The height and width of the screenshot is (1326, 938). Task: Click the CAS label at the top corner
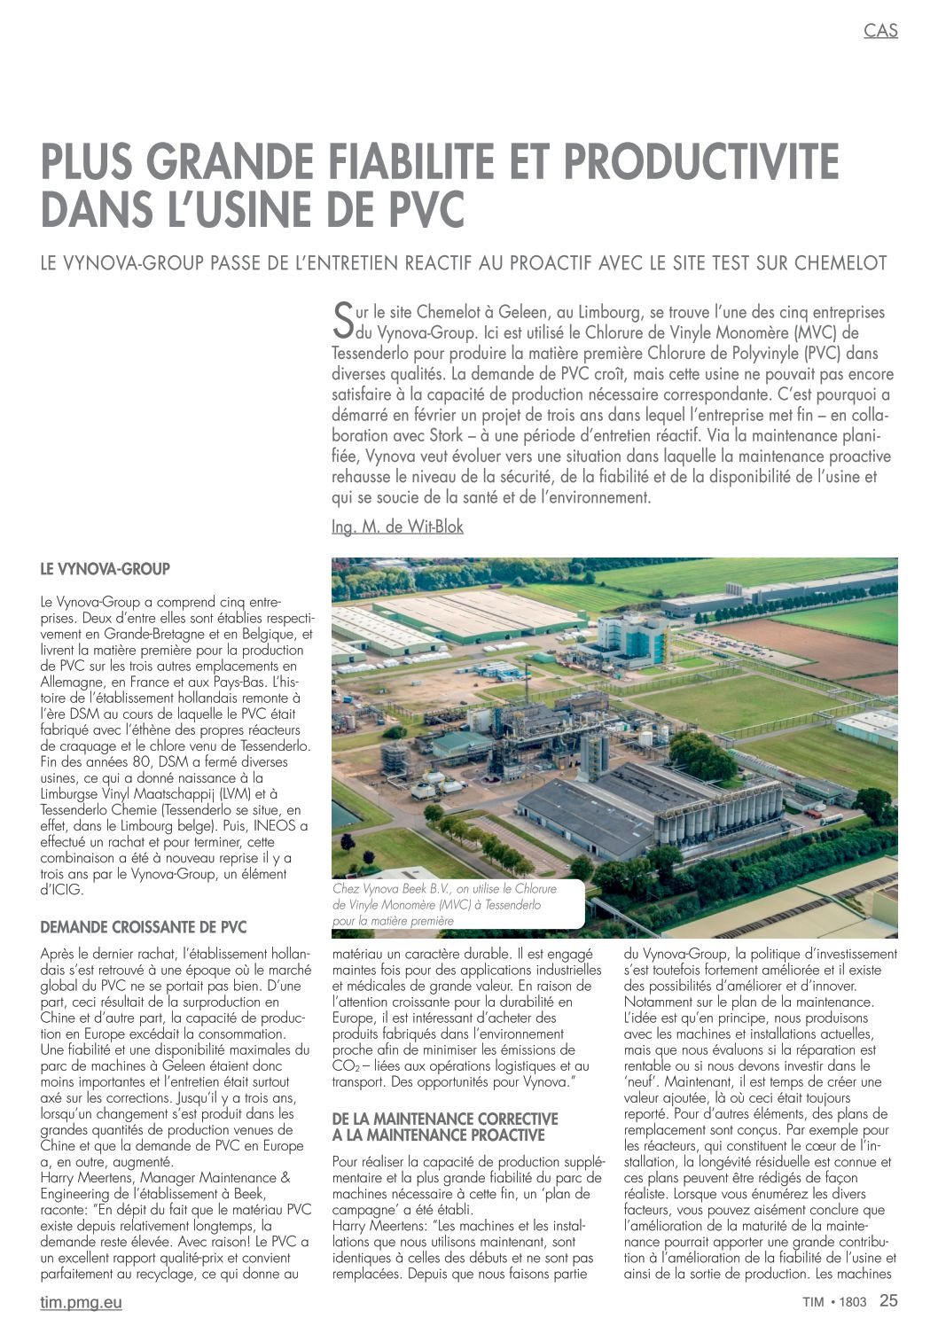click(x=880, y=30)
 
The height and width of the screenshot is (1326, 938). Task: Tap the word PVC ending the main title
click(x=426, y=209)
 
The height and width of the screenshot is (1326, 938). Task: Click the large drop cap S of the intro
click(x=342, y=321)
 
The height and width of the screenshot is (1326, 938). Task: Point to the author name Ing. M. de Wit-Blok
click(x=397, y=526)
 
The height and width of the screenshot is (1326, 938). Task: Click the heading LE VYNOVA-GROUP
click(x=105, y=569)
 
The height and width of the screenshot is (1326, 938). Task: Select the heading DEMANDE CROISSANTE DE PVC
click(x=144, y=927)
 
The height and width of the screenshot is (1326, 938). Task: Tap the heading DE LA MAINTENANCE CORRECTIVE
click(x=445, y=1119)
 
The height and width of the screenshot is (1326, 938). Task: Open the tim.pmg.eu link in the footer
click(x=82, y=1302)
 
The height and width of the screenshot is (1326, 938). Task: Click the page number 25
click(x=888, y=1301)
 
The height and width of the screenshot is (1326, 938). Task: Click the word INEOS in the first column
click(x=274, y=826)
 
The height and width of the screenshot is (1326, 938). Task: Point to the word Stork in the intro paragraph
click(x=446, y=435)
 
